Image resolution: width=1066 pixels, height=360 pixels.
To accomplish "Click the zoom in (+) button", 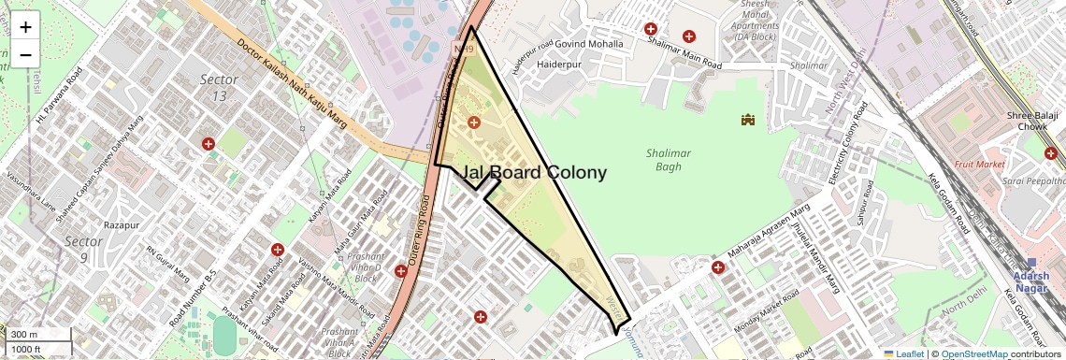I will [25, 28].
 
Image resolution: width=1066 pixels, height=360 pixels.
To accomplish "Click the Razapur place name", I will [122, 225].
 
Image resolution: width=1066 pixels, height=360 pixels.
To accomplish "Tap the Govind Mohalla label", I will [589, 43].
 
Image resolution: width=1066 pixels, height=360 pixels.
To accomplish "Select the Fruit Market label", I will [978, 164].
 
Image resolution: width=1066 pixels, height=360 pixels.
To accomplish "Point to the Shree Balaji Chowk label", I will [1031, 121].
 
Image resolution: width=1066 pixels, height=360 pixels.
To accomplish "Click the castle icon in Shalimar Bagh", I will [747, 120].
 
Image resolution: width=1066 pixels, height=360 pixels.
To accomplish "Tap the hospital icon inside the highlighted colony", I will [473, 122].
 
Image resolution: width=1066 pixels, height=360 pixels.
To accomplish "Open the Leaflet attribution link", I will [910, 354].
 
